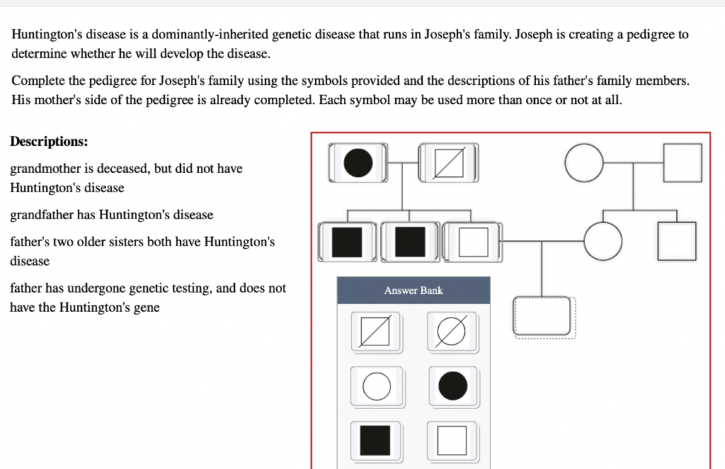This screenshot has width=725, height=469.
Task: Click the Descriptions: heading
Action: (x=49, y=141)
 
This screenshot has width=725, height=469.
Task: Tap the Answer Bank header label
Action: (x=413, y=290)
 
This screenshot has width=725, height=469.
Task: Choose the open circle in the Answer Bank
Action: (x=377, y=387)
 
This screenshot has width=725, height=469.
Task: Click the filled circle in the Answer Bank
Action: (x=452, y=386)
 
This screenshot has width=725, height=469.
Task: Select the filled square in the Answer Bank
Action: (x=375, y=440)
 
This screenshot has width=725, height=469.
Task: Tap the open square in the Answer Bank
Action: (x=452, y=440)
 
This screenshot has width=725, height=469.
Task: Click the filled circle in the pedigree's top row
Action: (x=358, y=162)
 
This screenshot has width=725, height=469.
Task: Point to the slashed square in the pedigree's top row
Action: (x=448, y=162)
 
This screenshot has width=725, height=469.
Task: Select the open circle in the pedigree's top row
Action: (x=583, y=162)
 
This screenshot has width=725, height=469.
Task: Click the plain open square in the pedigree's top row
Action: (x=683, y=162)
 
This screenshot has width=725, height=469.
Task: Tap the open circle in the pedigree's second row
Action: (x=603, y=241)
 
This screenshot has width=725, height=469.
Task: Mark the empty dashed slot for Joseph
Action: (x=542, y=315)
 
